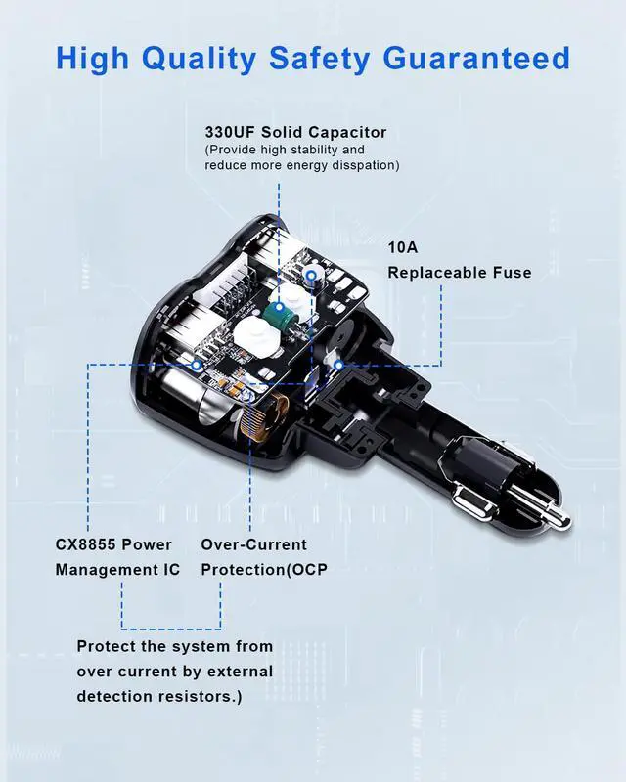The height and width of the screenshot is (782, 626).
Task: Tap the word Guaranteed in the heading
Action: click(x=476, y=59)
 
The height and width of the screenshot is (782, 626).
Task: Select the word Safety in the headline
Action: click(x=316, y=59)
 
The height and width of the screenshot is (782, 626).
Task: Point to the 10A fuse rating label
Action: click(x=403, y=247)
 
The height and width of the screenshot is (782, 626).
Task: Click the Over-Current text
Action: click(x=253, y=544)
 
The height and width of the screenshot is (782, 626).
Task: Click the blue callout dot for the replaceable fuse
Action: click(x=338, y=365)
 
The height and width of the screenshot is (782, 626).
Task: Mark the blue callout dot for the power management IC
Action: click(x=199, y=364)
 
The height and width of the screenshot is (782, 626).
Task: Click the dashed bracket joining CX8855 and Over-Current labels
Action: click(x=171, y=628)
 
